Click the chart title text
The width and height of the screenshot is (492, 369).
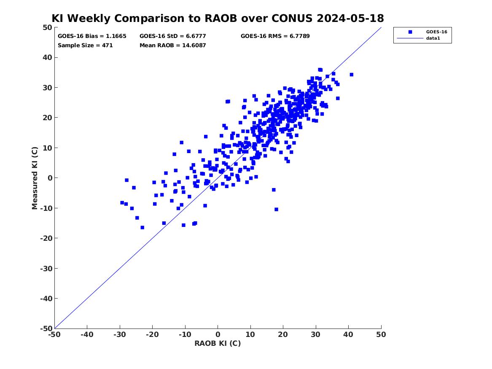point(218,18)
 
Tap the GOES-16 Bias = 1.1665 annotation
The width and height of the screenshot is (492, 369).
point(92,36)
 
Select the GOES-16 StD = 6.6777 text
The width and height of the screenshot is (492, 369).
point(172,36)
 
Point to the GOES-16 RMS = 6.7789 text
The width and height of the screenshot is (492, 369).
point(275,36)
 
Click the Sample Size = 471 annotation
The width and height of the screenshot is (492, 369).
point(85,45)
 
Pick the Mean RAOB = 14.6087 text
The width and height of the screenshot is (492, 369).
point(172,45)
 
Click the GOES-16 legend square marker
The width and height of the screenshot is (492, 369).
point(410,32)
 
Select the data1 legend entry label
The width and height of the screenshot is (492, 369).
point(433,38)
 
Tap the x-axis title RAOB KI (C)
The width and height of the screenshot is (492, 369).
point(218,343)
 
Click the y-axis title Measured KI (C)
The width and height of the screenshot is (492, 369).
point(35,178)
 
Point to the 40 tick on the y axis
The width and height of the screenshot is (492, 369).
point(47,57)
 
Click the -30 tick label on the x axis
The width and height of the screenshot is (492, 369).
point(120,334)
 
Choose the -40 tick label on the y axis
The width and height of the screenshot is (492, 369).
point(46,299)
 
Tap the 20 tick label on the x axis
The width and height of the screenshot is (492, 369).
point(283,334)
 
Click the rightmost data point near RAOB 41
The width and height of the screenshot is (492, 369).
point(352,75)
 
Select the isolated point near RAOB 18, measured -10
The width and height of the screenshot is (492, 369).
point(276,209)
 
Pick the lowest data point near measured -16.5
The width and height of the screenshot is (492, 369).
point(142,227)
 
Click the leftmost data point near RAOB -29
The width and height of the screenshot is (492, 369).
point(122,203)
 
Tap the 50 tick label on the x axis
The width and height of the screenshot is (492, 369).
point(381,334)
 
